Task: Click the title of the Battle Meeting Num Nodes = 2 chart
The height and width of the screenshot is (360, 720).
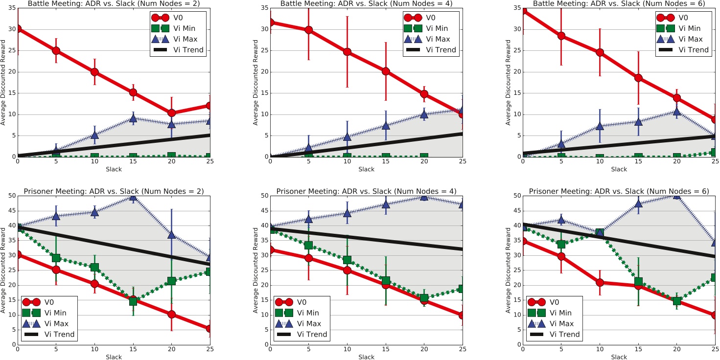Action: [x=114, y=3]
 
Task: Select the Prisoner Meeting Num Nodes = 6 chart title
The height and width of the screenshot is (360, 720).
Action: [x=619, y=191]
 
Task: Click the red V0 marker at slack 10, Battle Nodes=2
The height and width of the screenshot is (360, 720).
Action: [x=94, y=72]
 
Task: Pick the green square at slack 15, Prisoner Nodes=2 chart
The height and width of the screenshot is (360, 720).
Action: [x=133, y=301]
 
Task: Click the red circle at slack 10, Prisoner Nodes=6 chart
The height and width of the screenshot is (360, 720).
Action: [x=600, y=283]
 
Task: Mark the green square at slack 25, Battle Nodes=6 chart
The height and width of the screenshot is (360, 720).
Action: [x=715, y=152]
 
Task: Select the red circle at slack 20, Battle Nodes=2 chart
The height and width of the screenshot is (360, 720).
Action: [x=171, y=112]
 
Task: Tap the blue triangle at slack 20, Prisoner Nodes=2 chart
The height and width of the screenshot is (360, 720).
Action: [x=171, y=234]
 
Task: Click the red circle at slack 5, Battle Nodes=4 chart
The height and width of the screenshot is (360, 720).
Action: [x=309, y=30]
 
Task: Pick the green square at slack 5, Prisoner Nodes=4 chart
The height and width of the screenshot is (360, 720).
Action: [x=309, y=245]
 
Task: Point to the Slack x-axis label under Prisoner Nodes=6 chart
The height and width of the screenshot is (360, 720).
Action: [x=619, y=357]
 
